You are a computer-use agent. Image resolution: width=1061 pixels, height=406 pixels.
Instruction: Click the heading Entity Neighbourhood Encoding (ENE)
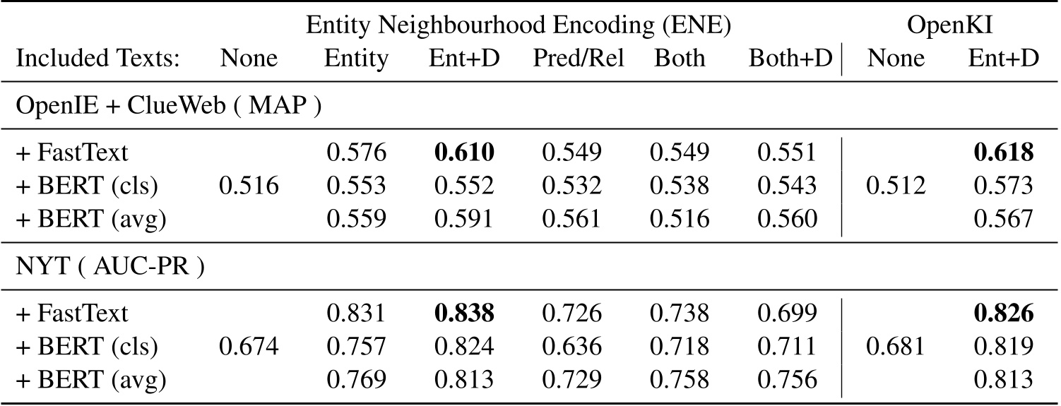[518, 26]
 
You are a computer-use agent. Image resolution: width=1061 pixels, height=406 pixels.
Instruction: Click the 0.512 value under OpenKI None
[905, 186]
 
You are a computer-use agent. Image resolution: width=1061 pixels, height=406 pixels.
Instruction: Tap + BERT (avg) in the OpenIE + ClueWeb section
[90, 219]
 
